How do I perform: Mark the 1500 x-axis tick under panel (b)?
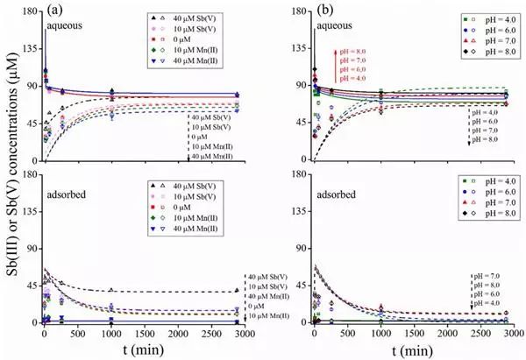[x=416, y=334]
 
